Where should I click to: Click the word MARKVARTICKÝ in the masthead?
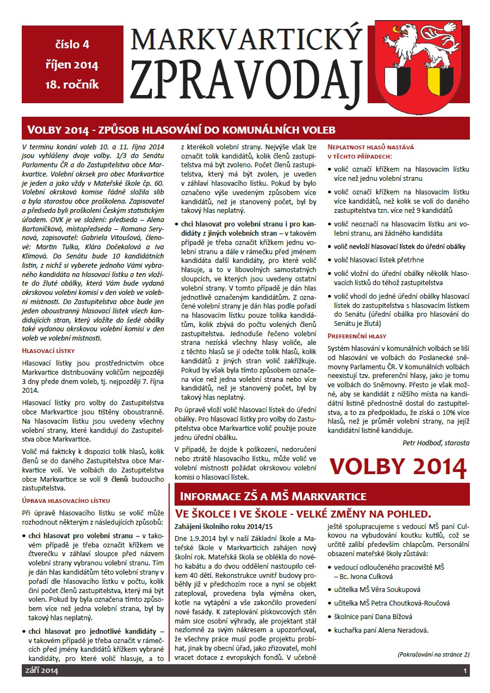coord(246,40)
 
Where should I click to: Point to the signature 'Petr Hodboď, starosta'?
coord(436,443)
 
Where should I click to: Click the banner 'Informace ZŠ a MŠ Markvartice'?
coord(273,496)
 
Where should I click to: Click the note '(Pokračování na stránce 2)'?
coord(433,654)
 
